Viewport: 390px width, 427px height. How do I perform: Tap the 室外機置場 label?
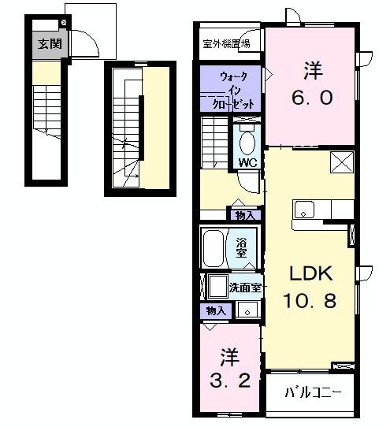click(226, 43)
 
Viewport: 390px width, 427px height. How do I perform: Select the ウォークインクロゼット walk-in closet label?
click(231, 91)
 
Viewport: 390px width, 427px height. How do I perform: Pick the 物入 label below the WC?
click(244, 214)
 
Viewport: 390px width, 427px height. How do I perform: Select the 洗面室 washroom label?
click(246, 288)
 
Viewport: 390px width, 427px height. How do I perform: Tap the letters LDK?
click(310, 273)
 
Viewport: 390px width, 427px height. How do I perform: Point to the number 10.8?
click(310, 301)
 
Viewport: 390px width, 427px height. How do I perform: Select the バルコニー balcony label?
click(313, 391)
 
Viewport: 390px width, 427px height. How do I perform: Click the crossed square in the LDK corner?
click(343, 163)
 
